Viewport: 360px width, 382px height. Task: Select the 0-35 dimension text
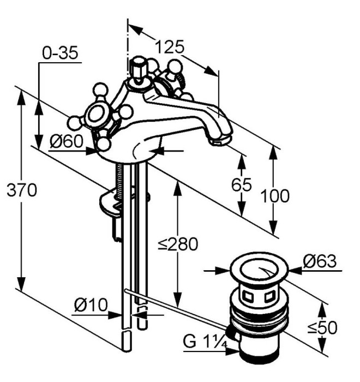[60, 53]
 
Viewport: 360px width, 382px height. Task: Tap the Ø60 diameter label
[67, 142]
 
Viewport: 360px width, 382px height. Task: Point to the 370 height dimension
[21, 191]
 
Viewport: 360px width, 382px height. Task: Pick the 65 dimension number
[242, 185]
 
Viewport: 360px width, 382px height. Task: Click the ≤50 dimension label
[322, 327]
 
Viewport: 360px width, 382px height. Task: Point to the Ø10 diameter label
[91, 305]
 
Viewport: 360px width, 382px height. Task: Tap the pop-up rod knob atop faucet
[139, 68]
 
